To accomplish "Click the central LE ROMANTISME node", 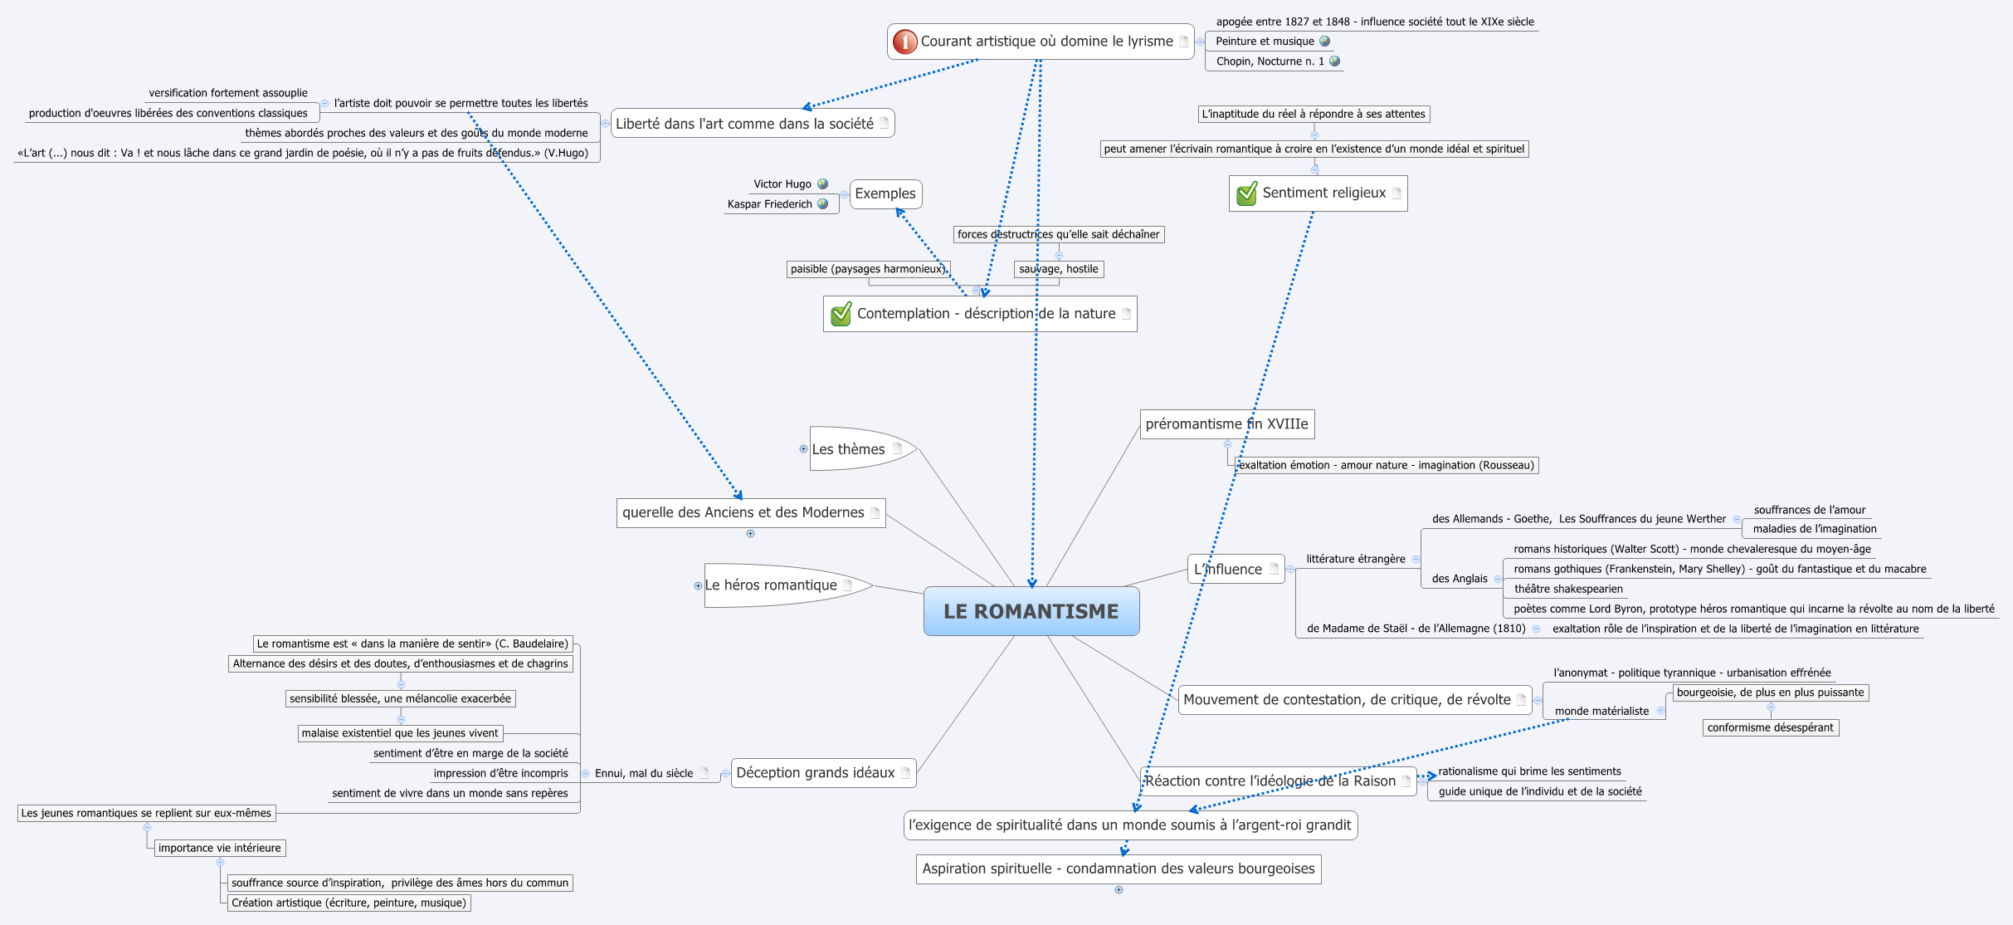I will (x=1031, y=611).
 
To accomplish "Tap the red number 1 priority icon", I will (x=904, y=42).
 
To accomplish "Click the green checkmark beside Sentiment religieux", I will (x=1246, y=193).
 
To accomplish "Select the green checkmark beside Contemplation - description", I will (x=841, y=314).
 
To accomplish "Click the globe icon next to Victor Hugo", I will (x=822, y=184).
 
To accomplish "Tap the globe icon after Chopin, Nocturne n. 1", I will (x=1334, y=61).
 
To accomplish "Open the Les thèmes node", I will (x=848, y=449).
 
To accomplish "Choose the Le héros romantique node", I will (x=770, y=585).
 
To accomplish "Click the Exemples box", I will (x=885, y=193).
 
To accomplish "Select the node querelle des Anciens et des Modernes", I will (x=743, y=513).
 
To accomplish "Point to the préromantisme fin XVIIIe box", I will (x=1226, y=424).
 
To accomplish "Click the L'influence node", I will (x=1228, y=570).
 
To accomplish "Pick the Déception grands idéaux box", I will (x=816, y=773).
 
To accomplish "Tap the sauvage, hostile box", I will (x=1058, y=269).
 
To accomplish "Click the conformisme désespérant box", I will (x=1770, y=728).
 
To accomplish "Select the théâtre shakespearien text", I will (x=1567, y=590).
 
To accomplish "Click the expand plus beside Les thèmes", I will (x=803, y=449).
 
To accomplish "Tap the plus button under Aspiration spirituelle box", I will (x=1119, y=890).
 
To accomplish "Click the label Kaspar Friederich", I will (x=769, y=204).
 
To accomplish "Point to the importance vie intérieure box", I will (x=219, y=849).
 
